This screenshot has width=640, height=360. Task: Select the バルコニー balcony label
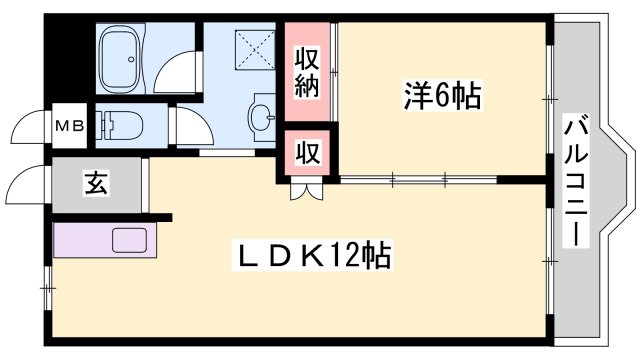coord(576,180)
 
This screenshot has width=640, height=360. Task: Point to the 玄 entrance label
coord(98,184)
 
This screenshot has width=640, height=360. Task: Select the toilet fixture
coord(125,126)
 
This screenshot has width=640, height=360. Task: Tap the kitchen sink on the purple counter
coord(131,241)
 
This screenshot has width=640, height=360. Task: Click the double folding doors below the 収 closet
coord(307,190)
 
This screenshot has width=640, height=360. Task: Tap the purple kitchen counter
coord(99,242)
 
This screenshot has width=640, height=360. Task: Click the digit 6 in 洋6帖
coord(441,97)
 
